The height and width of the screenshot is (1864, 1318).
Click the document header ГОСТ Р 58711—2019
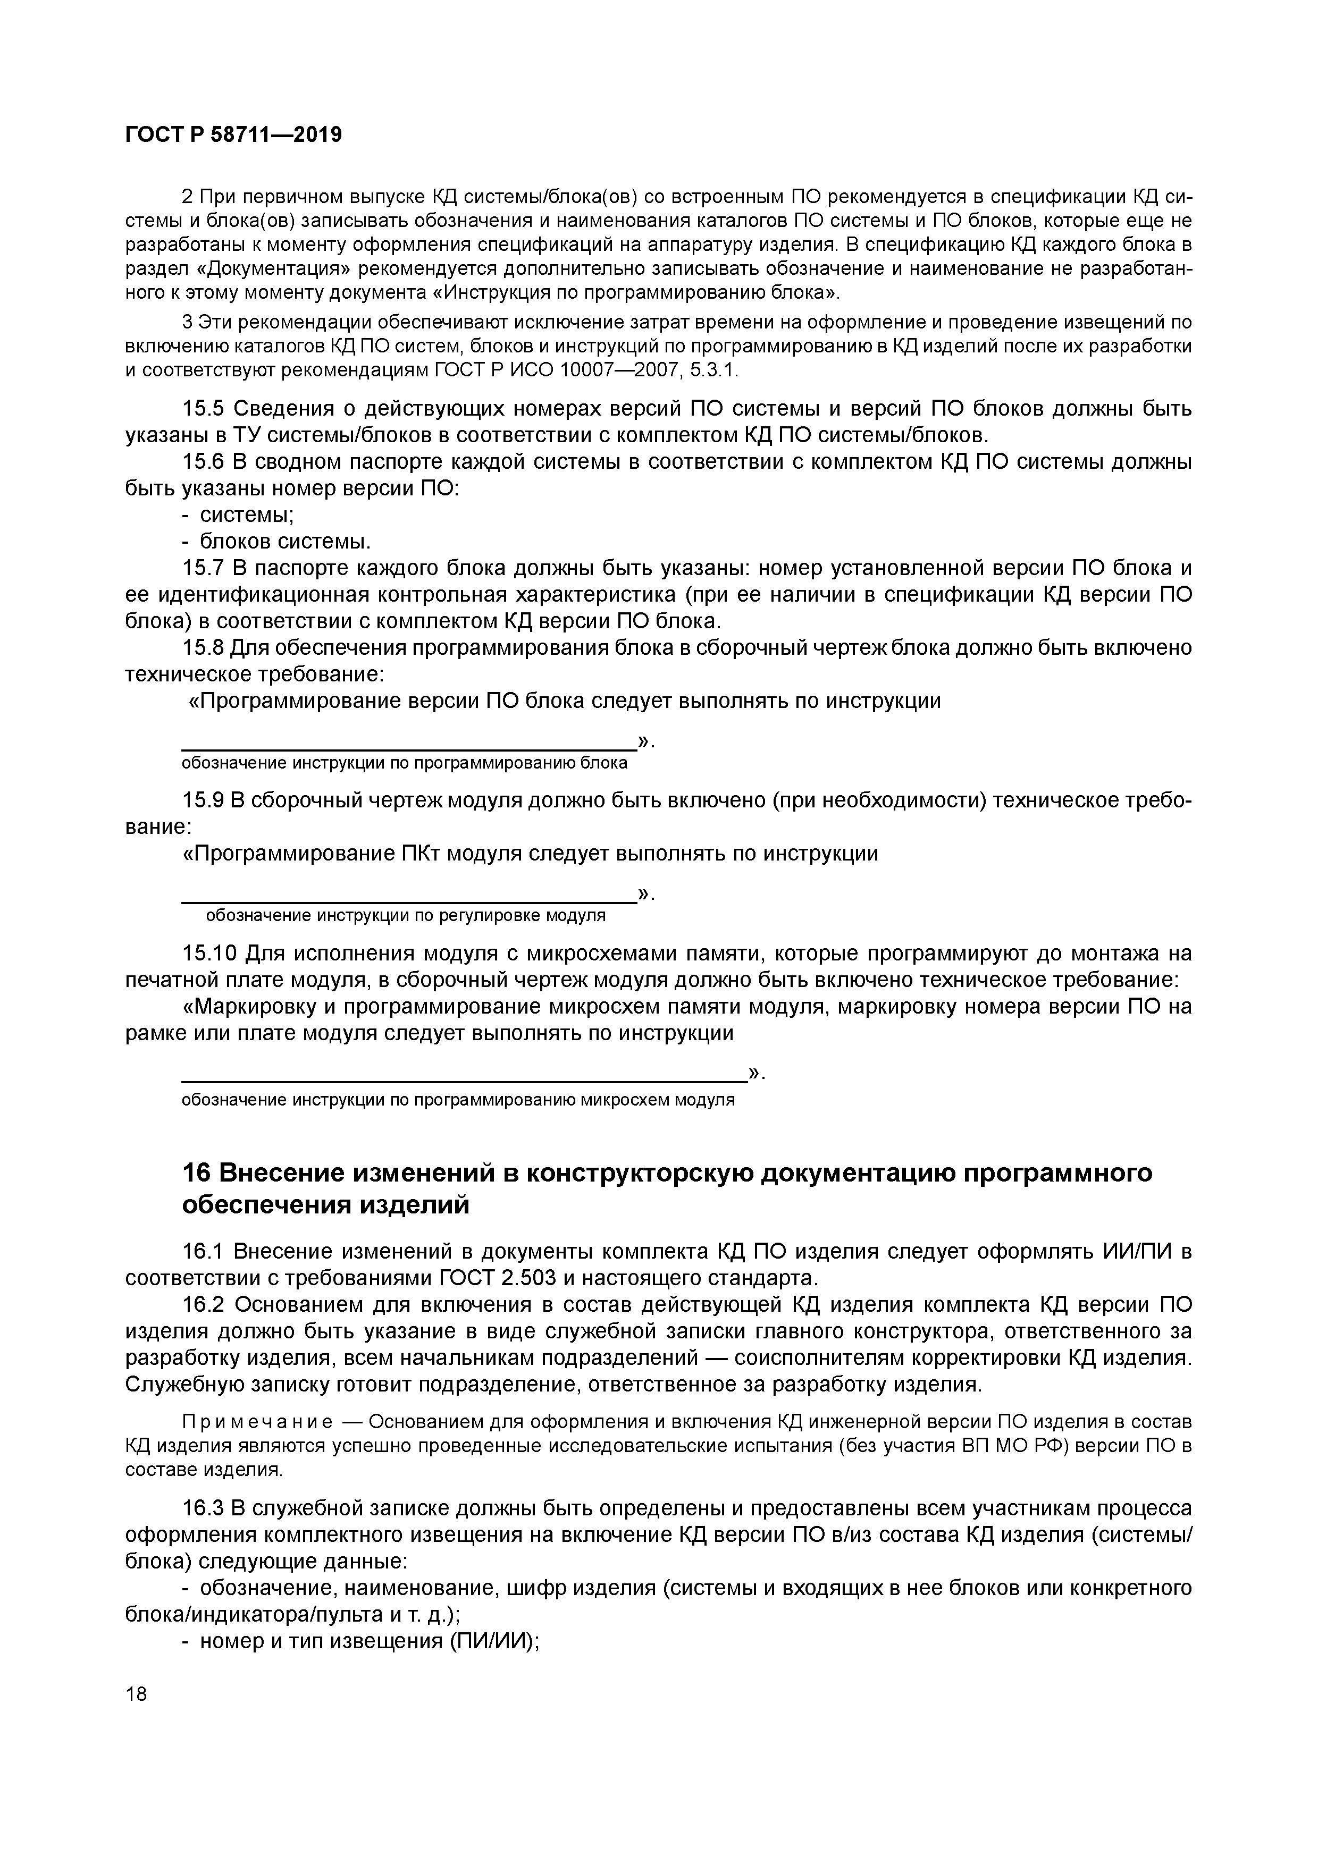pyautogui.click(x=233, y=135)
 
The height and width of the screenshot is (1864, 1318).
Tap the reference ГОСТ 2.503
pyautogui.click(x=497, y=1279)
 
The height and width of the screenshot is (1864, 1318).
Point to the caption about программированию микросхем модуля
pyautogui.click(x=457, y=1100)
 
